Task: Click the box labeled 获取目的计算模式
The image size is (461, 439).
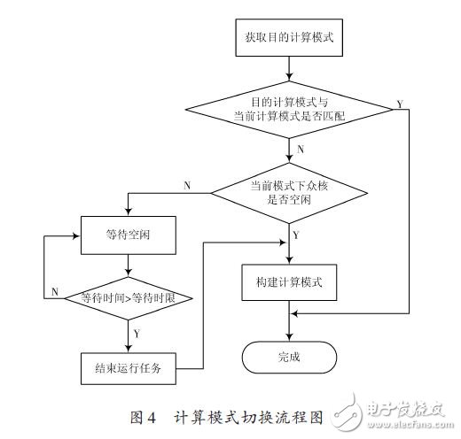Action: point(289,39)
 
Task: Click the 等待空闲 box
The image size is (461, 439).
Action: point(130,236)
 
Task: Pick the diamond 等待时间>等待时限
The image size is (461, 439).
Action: point(130,297)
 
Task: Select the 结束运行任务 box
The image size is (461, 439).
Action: point(130,364)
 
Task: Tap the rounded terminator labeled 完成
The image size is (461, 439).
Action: point(289,358)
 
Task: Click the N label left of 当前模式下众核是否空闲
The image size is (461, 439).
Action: point(186,185)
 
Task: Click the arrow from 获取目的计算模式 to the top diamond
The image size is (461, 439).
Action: point(289,67)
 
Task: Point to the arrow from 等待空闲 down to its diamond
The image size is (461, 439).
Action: point(130,266)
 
